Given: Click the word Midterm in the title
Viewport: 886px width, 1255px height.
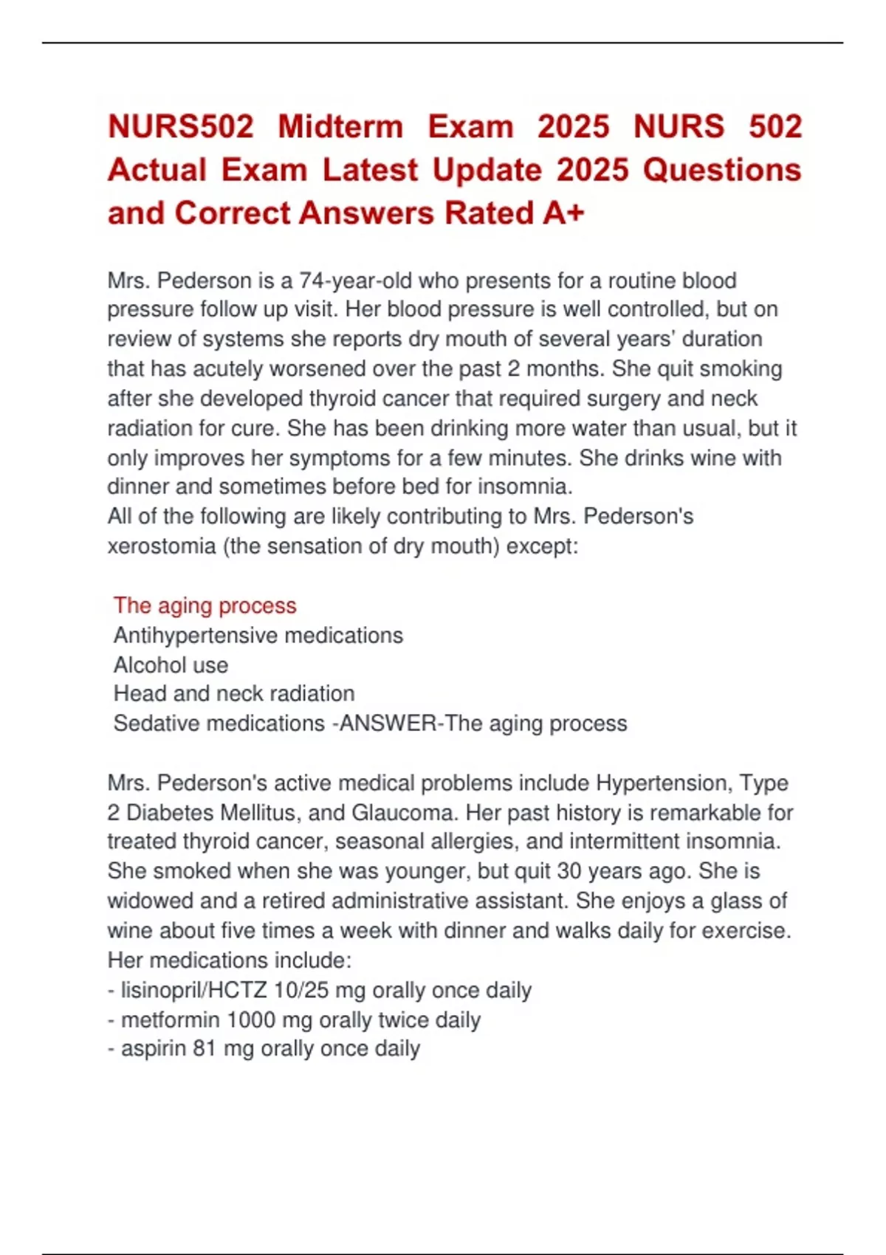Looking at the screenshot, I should click(x=340, y=126).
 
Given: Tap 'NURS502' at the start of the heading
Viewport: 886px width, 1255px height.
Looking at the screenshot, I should click(x=181, y=126).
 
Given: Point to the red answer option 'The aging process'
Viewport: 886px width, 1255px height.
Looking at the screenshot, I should click(x=205, y=605).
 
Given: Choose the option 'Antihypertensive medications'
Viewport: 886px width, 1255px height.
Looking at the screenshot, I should click(x=258, y=636).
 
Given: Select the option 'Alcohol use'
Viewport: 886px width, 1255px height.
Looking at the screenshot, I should click(x=171, y=665).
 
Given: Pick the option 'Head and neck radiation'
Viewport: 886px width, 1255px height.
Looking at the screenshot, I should click(x=234, y=694).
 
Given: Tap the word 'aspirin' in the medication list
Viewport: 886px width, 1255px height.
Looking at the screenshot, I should click(x=153, y=1049).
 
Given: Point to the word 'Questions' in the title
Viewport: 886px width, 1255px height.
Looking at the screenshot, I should click(x=721, y=171).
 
